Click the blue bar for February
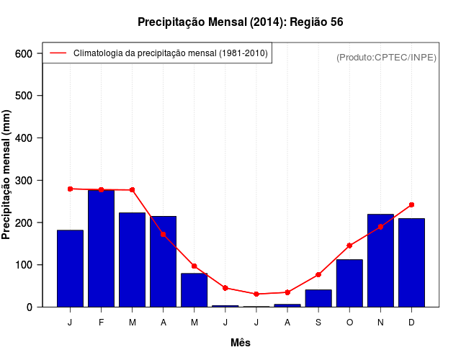pyautogui.click(x=101, y=248)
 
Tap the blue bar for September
pyautogui.click(x=318, y=298)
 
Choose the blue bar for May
pyautogui.click(x=194, y=290)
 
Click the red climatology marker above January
pyautogui.click(x=70, y=189)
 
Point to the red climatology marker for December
pyautogui.click(x=411, y=204)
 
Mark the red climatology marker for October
pyautogui.click(x=349, y=246)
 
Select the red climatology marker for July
pyautogui.click(x=256, y=294)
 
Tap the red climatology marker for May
pyautogui.click(x=194, y=266)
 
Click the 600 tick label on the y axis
pyautogui.click(x=24, y=53)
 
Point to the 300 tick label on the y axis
pyautogui.click(x=24, y=180)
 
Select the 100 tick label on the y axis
pyautogui.click(x=24, y=265)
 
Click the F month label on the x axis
pyautogui.click(x=101, y=323)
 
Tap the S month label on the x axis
pyautogui.click(x=318, y=323)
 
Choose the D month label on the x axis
pyautogui.click(x=411, y=323)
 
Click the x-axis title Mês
pyautogui.click(x=241, y=343)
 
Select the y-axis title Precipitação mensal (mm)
pyautogui.click(x=7, y=175)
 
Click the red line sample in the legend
pyautogui.click(x=58, y=53)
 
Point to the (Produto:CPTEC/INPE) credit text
pyautogui.click(x=386, y=57)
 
